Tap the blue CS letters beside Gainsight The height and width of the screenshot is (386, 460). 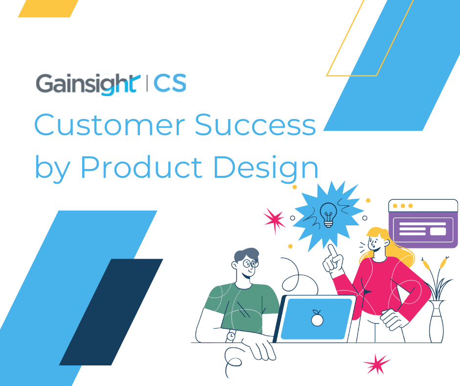point(170,84)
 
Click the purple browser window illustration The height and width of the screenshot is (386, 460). point(423,224)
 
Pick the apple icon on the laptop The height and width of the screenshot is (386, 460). point(318,319)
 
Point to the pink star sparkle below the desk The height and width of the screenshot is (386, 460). point(377,365)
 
